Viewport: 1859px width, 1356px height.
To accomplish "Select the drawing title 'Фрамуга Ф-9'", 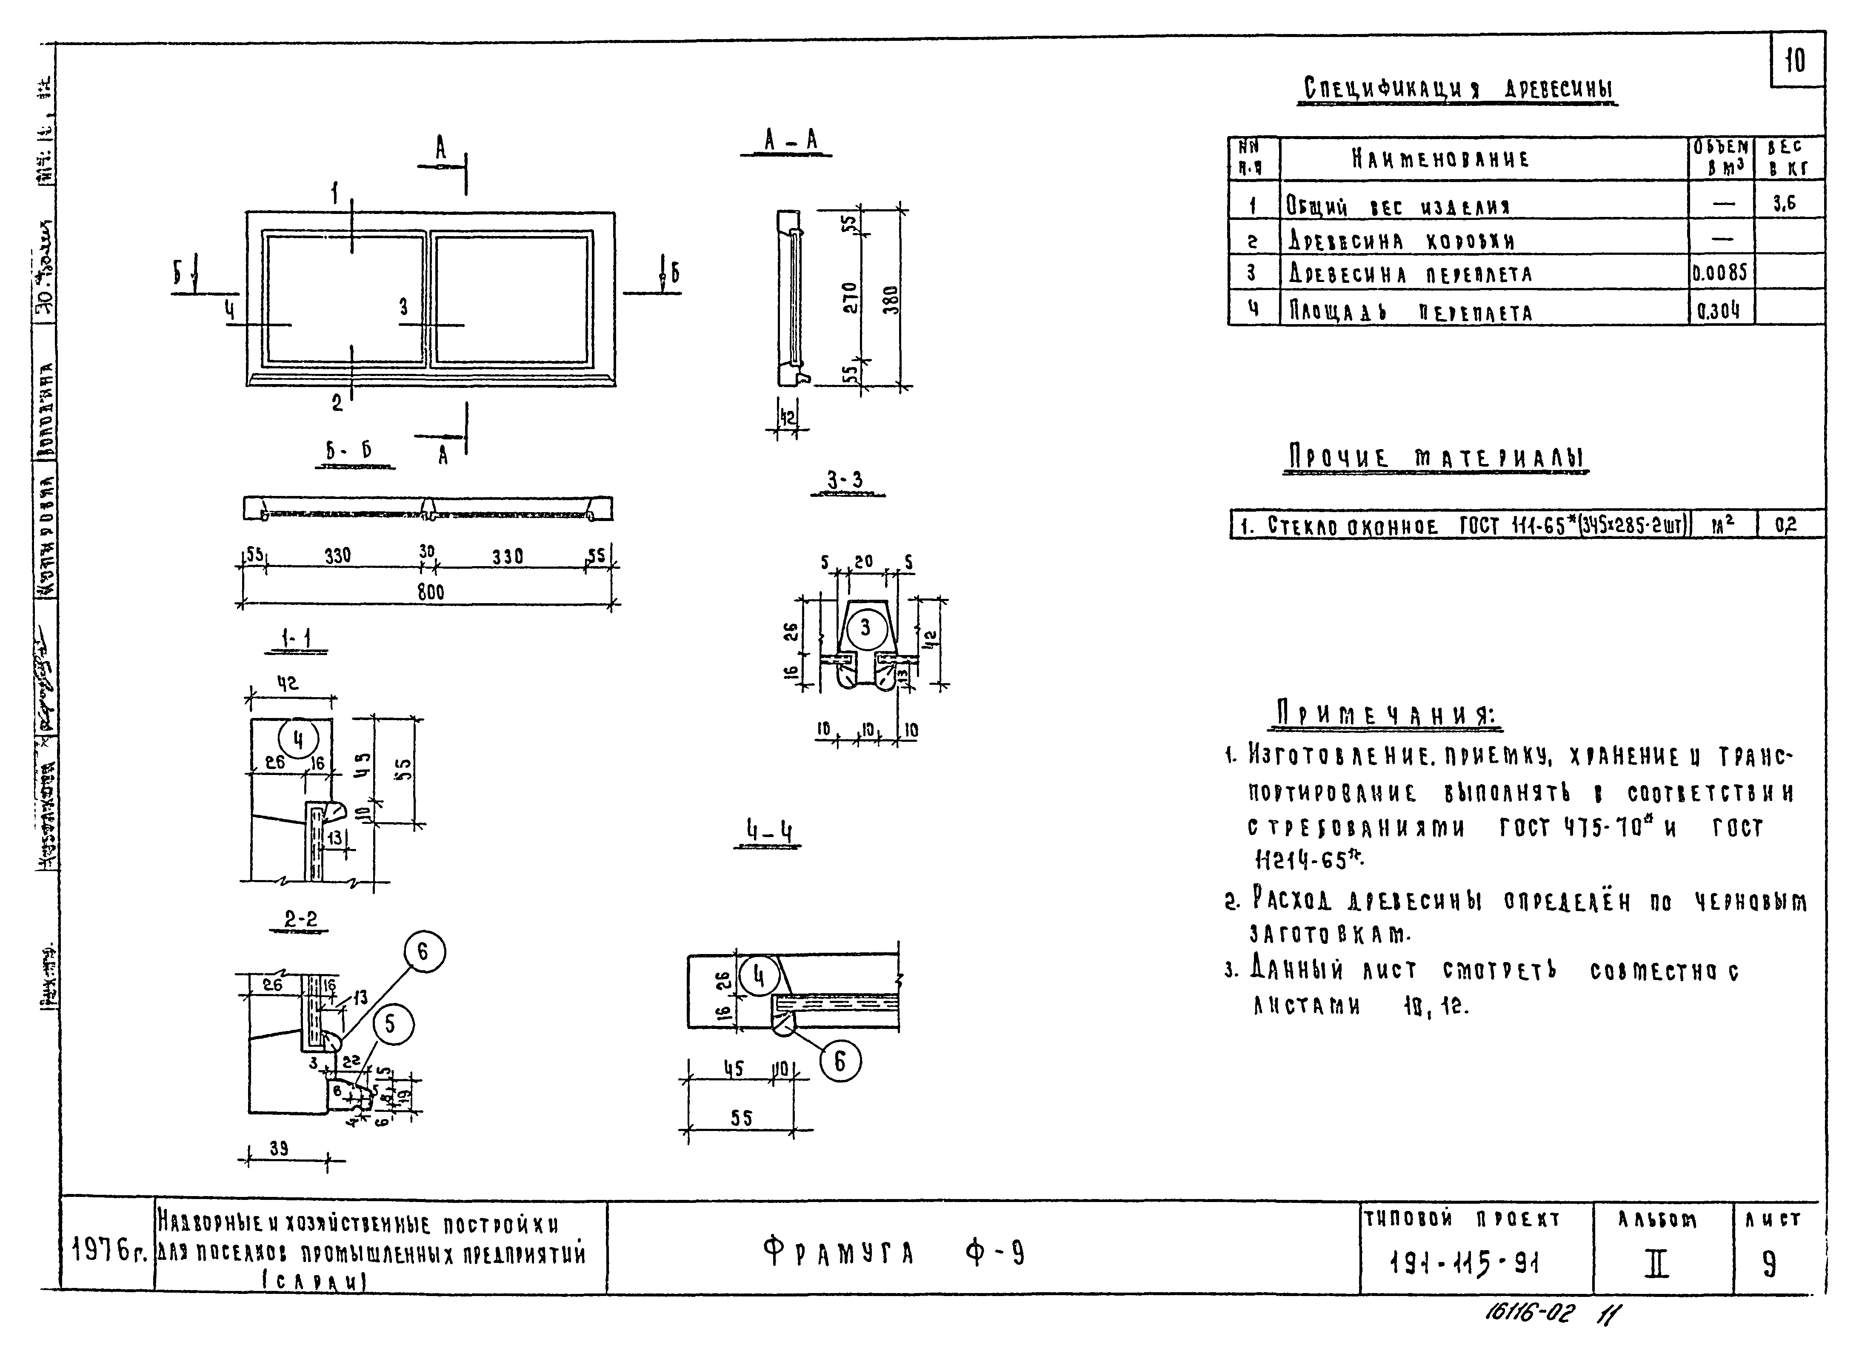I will (x=894, y=1253).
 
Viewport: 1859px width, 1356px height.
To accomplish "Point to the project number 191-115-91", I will (x=1463, y=1264).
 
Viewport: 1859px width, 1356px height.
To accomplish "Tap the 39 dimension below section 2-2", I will (x=279, y=1149).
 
